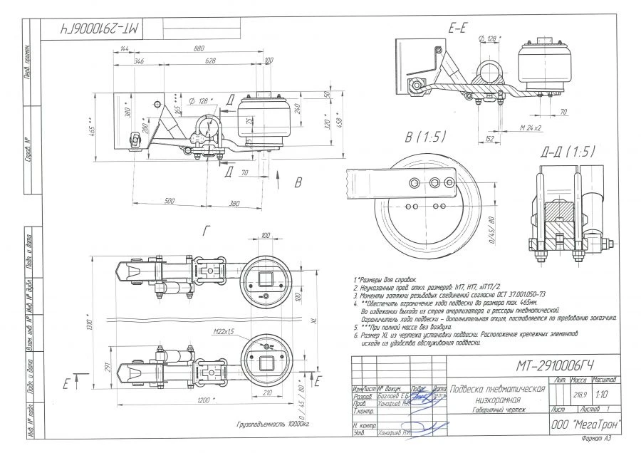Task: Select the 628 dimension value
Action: pyautogui.click(x=209, y=63)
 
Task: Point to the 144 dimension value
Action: pyautogui.click(x=125, y=49)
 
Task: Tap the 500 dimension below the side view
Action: pyautogui.click(x=169, y=202)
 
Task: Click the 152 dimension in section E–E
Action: pyautogui.click(x=489, y=139)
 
